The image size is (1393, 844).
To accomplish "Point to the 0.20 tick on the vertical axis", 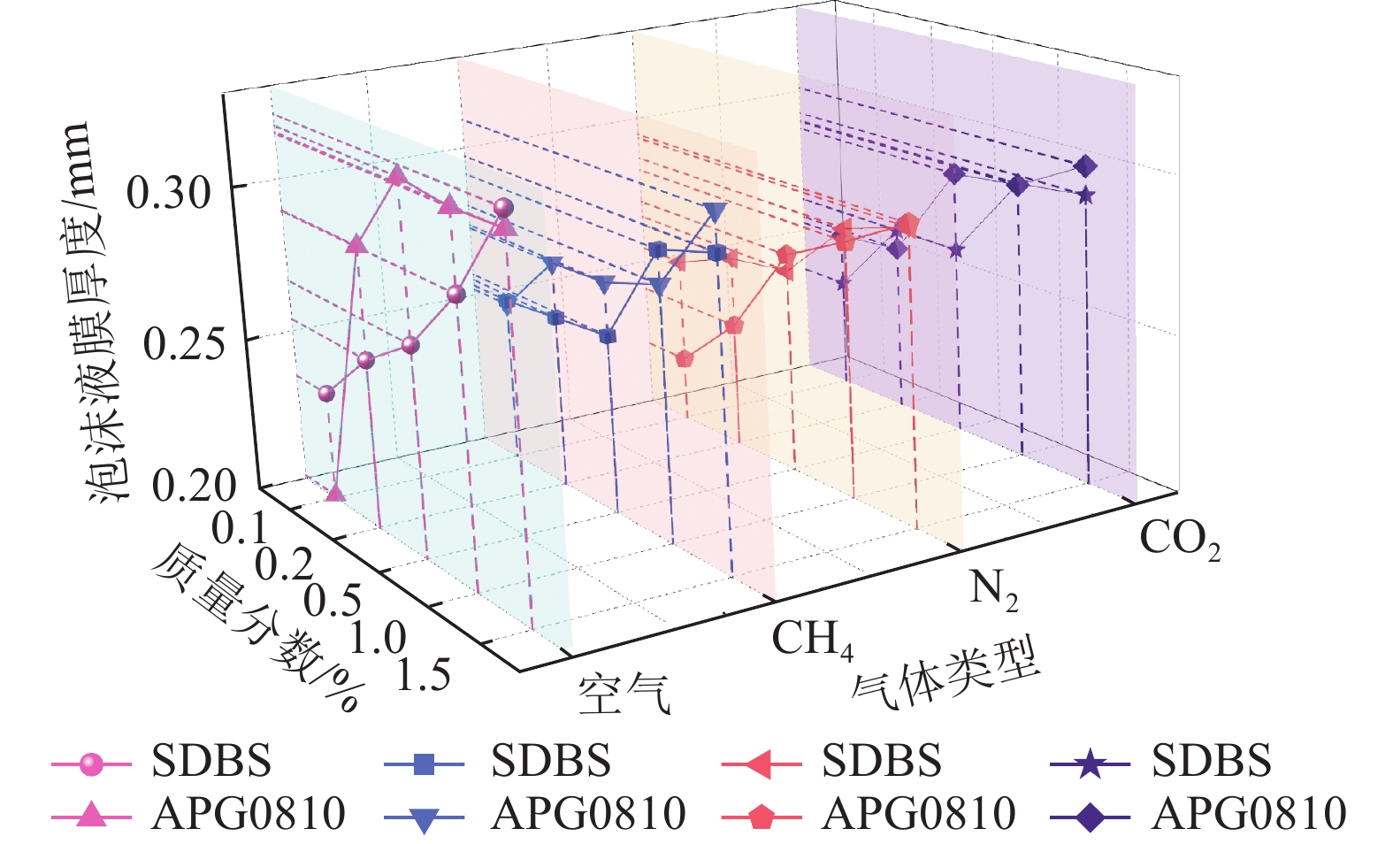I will point(194,485).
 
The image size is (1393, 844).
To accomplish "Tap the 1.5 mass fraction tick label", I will point(423,676).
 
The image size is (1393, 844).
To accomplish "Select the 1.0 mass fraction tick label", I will point(377,638).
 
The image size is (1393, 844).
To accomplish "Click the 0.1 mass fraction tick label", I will point(239,528).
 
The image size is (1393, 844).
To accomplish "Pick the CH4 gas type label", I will point(812,639).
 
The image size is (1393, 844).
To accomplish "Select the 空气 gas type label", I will point(624,693).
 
